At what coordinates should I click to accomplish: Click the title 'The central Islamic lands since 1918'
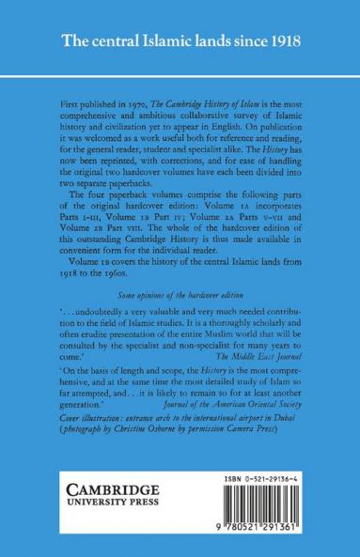(180, 43)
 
